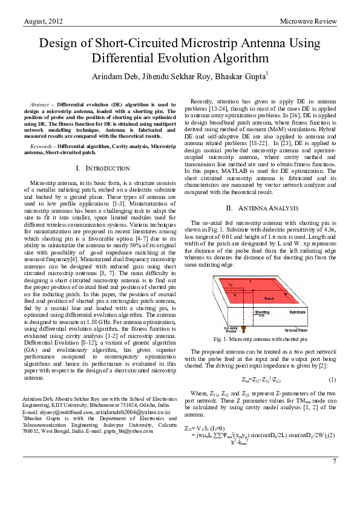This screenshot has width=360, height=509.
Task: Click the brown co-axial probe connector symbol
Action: click(244, 330)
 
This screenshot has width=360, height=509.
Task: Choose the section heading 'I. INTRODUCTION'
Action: click(100, 167)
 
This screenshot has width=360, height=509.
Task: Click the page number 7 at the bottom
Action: click(334, 479)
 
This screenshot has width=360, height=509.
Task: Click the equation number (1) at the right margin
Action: click(332, 379)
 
